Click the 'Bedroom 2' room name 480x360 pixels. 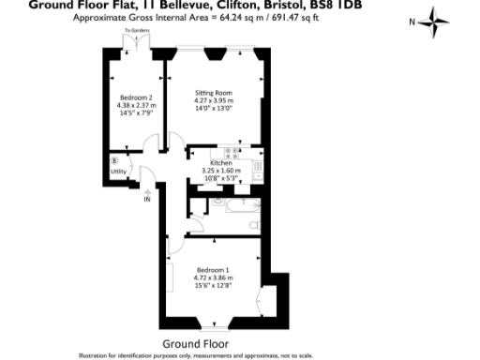136,97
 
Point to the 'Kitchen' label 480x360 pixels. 220,164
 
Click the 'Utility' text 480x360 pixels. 118,172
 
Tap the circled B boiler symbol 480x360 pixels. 114,160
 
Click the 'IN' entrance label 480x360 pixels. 147,200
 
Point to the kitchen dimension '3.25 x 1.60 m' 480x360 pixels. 221,172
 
